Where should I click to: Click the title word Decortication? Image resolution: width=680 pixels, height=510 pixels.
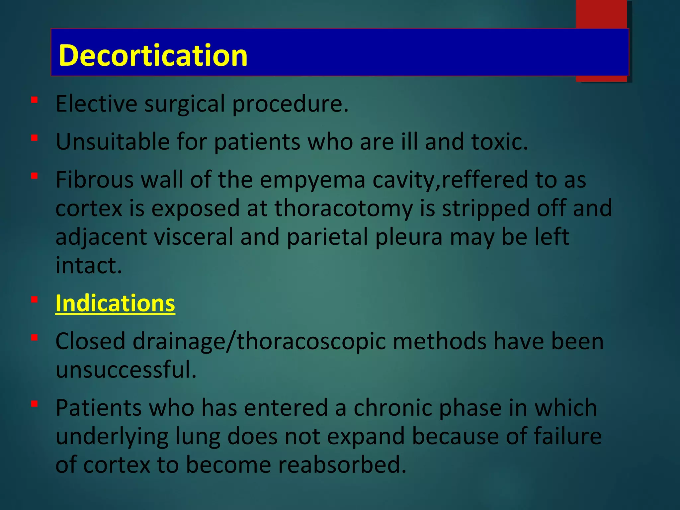coord(153,55)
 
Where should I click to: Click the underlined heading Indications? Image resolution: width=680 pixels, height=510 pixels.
coord(115,303)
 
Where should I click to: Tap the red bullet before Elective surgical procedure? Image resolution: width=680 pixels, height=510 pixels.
coord(34,100)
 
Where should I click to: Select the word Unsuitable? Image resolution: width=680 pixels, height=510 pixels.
coord(113,142)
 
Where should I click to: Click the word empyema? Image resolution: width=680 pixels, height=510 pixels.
coord(312,180)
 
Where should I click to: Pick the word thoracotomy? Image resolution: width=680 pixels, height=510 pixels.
coord(343,209)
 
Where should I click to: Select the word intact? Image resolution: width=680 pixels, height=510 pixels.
coord(89,266)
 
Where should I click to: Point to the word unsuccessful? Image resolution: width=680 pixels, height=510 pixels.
coord(126,370)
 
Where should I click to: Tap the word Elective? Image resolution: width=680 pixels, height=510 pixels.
coord(96,104)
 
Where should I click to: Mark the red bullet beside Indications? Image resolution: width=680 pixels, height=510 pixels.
coord(34,300)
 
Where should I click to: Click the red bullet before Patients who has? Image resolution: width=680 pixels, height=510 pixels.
coord(34,404)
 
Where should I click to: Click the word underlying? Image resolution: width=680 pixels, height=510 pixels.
coord(112,437)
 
